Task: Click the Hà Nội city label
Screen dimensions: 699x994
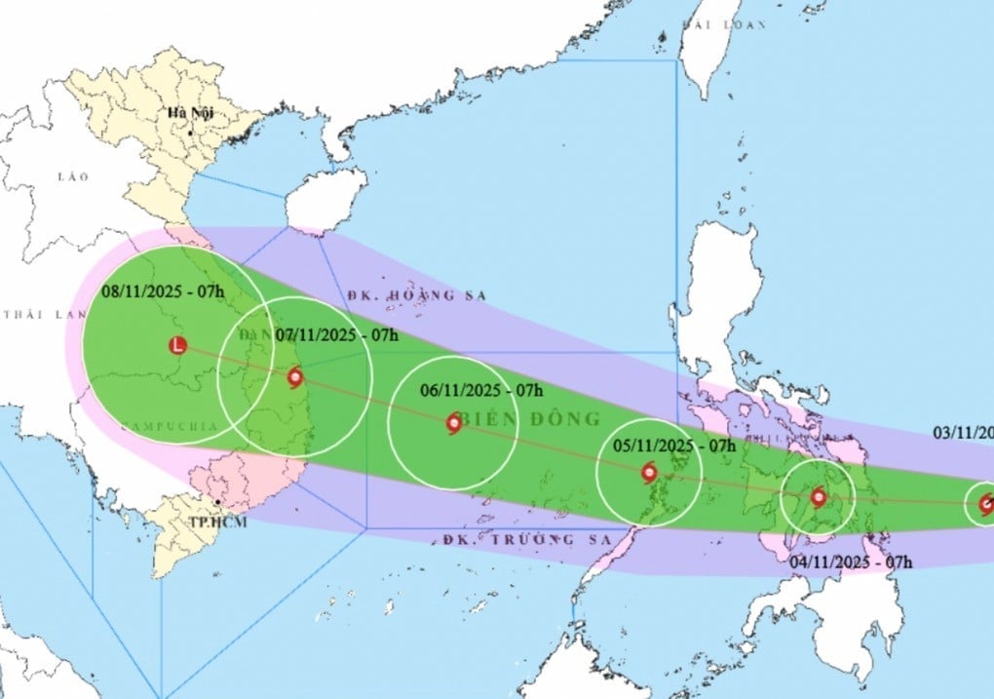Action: tap(190, 114)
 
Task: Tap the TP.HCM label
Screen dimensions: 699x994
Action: tap(218, 524)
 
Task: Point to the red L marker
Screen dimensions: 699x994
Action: tap(176, 345)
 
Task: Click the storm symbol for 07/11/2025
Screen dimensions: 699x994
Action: tap(294, 377)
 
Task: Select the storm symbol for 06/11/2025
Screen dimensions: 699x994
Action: tap(454, 423)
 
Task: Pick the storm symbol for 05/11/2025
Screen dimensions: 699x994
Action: tap(650, 475)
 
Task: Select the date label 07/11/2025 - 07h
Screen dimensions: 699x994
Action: tap(337, 334)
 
